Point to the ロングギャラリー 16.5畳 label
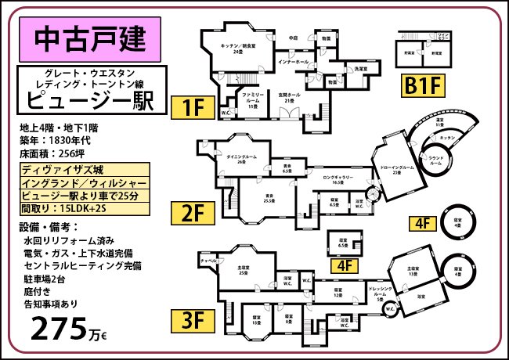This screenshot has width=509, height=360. coord(341,180)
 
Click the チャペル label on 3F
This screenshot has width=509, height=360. coord(208,260)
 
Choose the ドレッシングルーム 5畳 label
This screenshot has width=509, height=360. coord(380,292)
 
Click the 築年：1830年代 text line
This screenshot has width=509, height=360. coord(57,140)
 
